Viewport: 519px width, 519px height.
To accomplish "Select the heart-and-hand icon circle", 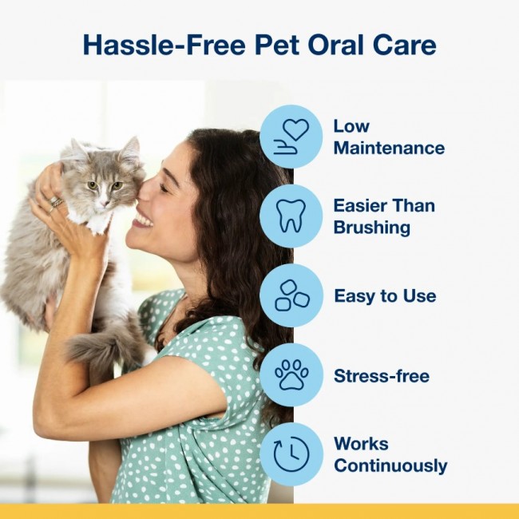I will pyautogui.click(x=291, y=137).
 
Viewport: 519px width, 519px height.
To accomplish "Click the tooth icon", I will pyautogui.click(x=291, y=216).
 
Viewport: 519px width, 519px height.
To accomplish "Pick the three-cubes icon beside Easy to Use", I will pyautogui.click(x=291, y=295).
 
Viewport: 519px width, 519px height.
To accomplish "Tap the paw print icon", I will pyautogui.click(x=291, y=375).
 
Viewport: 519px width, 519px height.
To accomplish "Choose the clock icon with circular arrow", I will pyautogui.click(x=291, y=454).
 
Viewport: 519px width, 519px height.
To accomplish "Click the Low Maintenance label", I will pyautogui.click(x=388, y=137).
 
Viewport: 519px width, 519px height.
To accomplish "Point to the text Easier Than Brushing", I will pyautogui.click(x=382, y=216).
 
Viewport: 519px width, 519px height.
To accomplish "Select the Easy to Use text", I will pyautogui.click(x=385, y=296).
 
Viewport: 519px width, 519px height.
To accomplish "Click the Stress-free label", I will pyautogui.click(x=381, y=376).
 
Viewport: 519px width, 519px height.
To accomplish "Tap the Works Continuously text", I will pyautogui.click(x=390, y=454).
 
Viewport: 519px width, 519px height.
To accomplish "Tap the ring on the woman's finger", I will pyautogui.click(x=56, y=203).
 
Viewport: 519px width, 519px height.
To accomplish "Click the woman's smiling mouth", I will pyautogui.click(x=144, y=217).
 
